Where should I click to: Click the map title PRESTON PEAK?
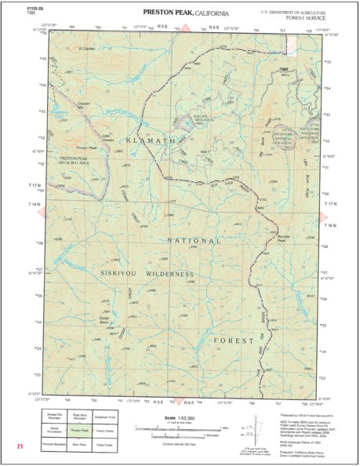pos(168,13)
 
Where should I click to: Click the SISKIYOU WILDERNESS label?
pos(147,275)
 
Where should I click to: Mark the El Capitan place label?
pos(92,49)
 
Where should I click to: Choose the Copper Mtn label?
pos(85,103)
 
